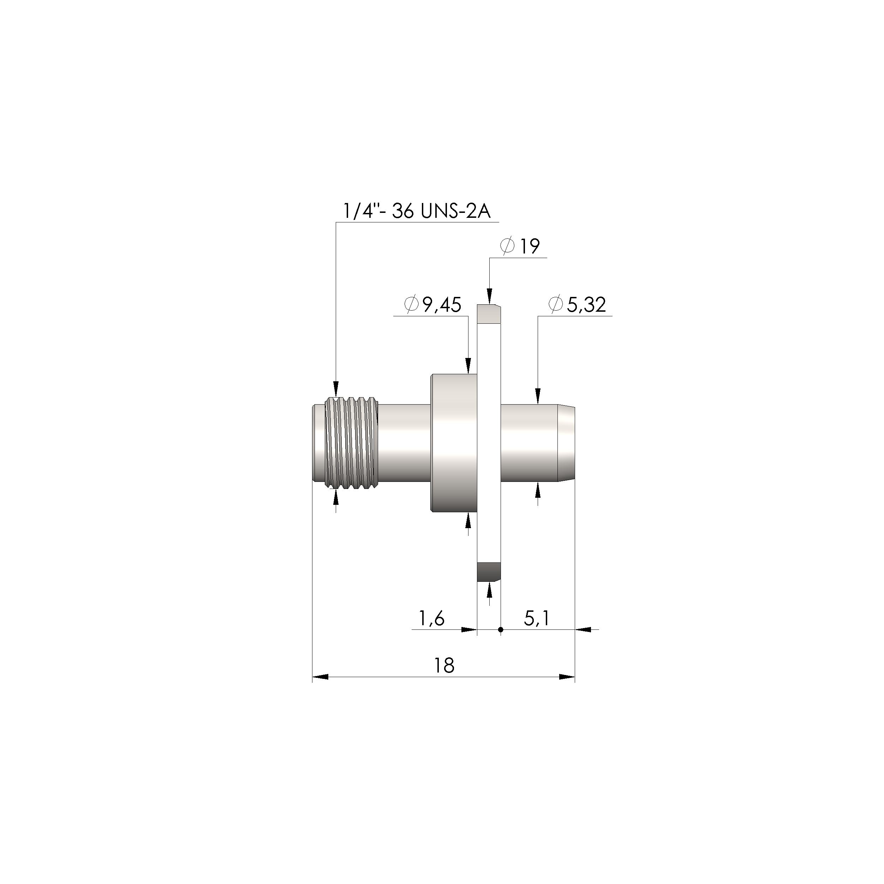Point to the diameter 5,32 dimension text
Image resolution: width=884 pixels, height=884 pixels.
point(578,305)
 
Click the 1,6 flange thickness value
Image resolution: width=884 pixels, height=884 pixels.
point(431,619)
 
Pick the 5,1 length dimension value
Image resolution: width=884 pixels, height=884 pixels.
point(536,619)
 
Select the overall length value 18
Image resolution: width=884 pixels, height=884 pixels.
point(444,666)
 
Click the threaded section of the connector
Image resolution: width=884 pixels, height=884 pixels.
point(351,444)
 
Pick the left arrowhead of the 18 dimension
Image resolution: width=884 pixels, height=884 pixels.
point(320,677)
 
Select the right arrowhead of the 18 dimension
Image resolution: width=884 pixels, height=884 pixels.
point(567,677)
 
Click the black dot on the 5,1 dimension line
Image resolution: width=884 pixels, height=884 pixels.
point(501,630)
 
